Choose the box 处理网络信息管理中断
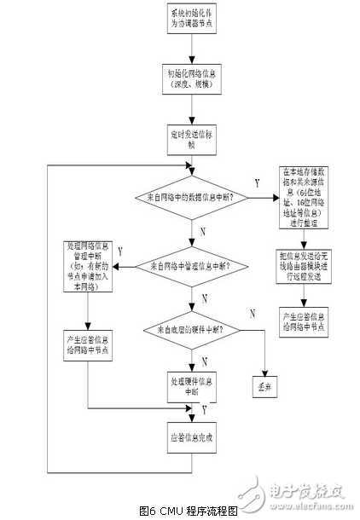[88, 267]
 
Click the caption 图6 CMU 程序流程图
[181, 509]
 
